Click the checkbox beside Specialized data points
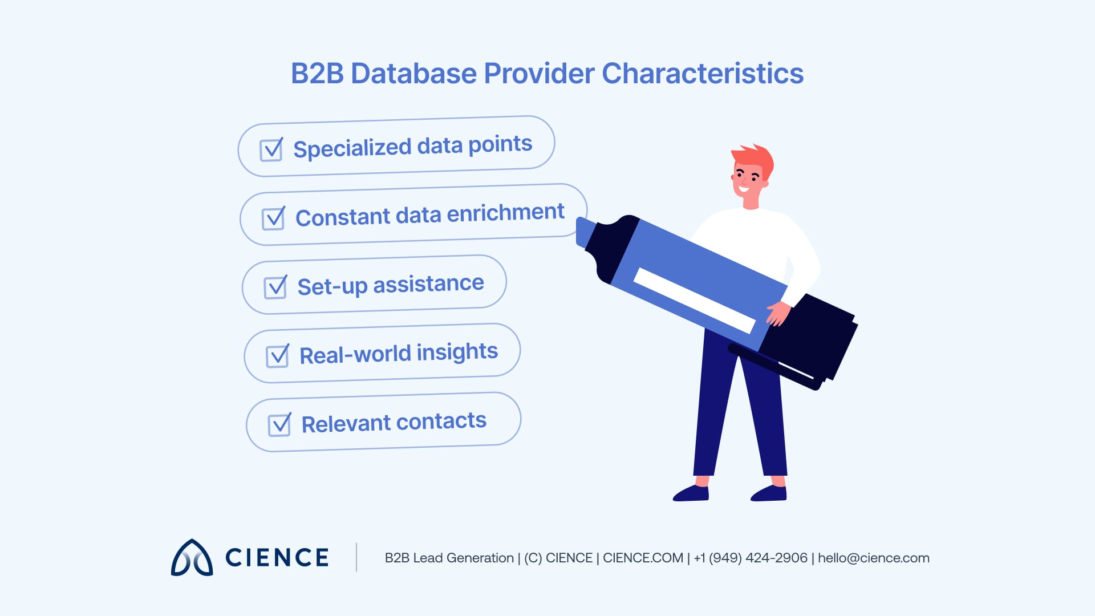tap(271, 150)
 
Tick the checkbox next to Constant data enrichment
tap(273, 218)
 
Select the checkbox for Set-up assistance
tap(275, 287)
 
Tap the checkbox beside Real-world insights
tap(278, 356)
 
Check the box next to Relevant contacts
tap(279, 425)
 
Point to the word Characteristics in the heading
tap(702, 74)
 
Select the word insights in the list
tap(457, 352)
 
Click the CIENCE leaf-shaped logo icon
tap(192, 558)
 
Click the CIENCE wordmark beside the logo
tap(277, 558)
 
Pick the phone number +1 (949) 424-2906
tap(751, 558)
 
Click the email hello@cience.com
tap(873, 558)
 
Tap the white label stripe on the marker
tap(693, 300)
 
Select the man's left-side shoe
tap(691, 493)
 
